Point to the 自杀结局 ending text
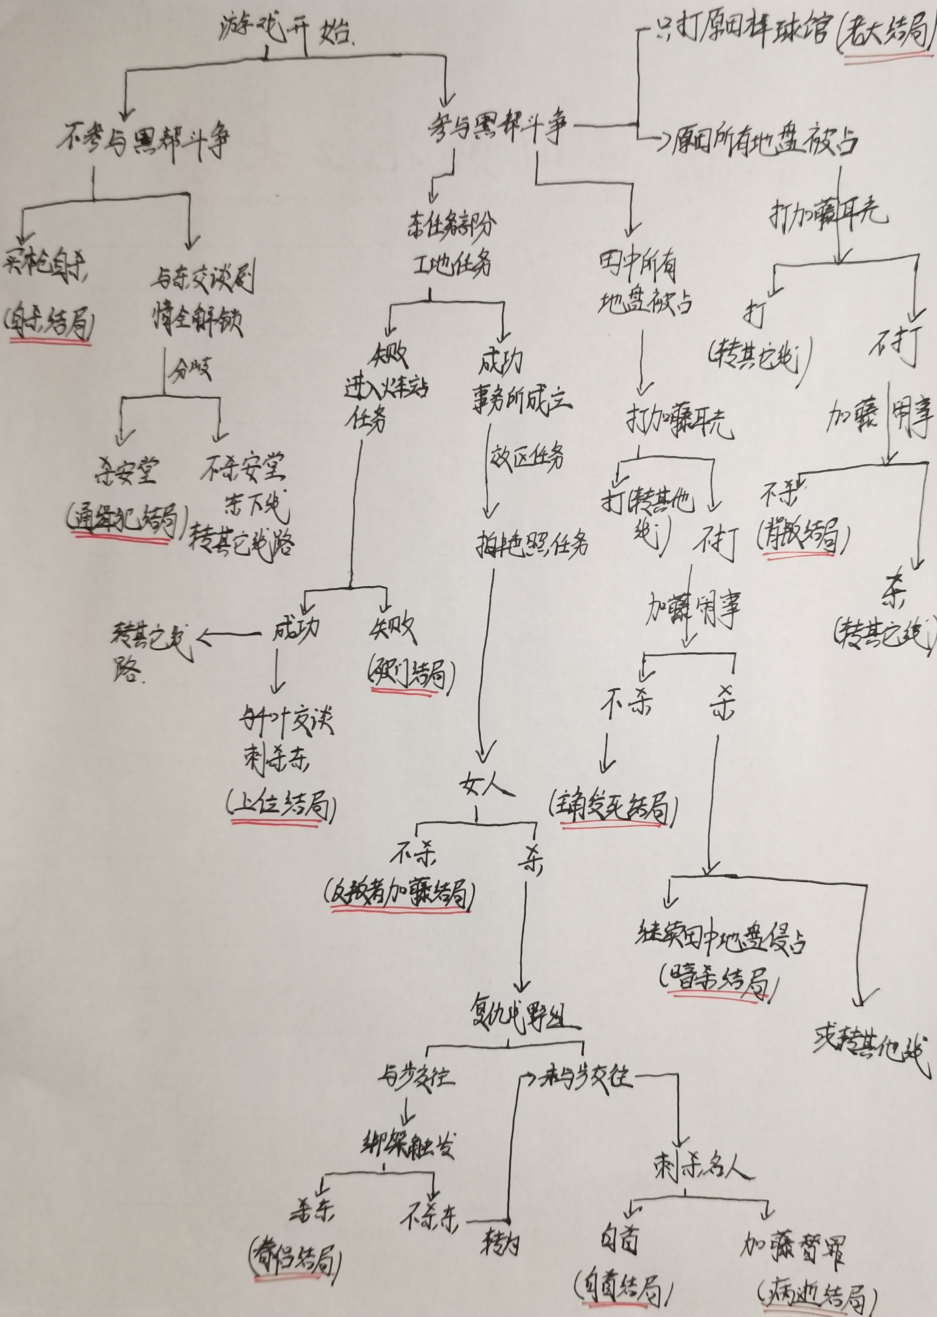click(50, 325)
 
